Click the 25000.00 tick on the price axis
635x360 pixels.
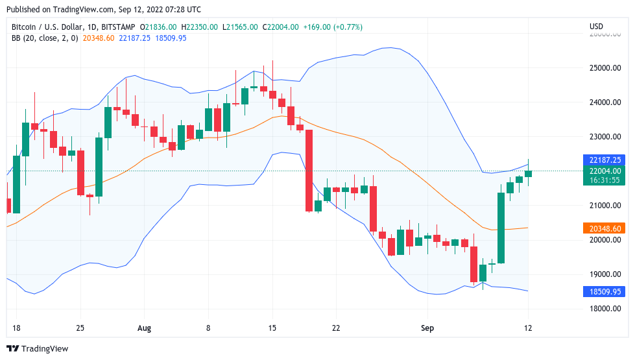[605, 68]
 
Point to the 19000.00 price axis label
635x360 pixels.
[605, 274]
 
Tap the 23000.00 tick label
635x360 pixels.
[605, 137]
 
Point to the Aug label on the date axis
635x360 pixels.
[144, 328]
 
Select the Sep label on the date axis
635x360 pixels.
[427, 328]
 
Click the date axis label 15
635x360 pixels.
[272, 328]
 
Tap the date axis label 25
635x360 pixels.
[80, 328]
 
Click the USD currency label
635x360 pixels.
[596, 27]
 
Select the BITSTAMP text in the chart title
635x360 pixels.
[119, 27]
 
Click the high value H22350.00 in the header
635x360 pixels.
[200, 27]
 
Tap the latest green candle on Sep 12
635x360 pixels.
[529, 173]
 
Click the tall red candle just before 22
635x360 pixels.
[309, 171]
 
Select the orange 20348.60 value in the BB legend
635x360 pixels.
[99, 38]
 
